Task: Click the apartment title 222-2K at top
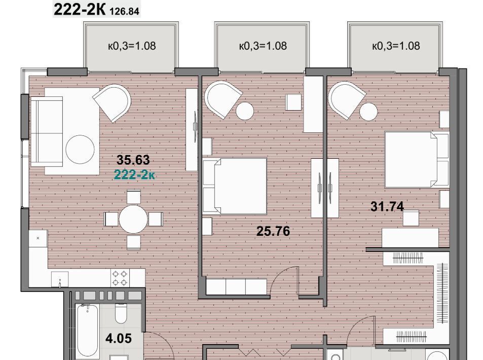tap(80, 10)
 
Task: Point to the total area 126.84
tap(125, 11)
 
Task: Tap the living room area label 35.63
tap(133, 160)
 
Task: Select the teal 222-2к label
tap(134, 175)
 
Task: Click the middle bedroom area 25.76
tap(273, 231)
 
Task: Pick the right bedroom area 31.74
tap(387, 206)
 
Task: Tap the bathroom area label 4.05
tap(119, 338)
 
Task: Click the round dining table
tap(133, 219)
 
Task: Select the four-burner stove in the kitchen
tap(120, 278)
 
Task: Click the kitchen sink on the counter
tap(60, 279)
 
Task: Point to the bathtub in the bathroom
tap(88, 332)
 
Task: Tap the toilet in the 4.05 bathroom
tap(121, 313)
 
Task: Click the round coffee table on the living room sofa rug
tap(80, 150)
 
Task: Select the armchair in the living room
tap(113, 102)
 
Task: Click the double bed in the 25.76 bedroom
tap(235, 186)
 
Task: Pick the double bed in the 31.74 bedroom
tap(417, 160)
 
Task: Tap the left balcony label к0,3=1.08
tap(132, 46)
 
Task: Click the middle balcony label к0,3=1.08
tap(263, 46)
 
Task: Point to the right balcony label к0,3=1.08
tap(396, 46)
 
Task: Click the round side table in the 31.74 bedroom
tap(368, 112)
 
